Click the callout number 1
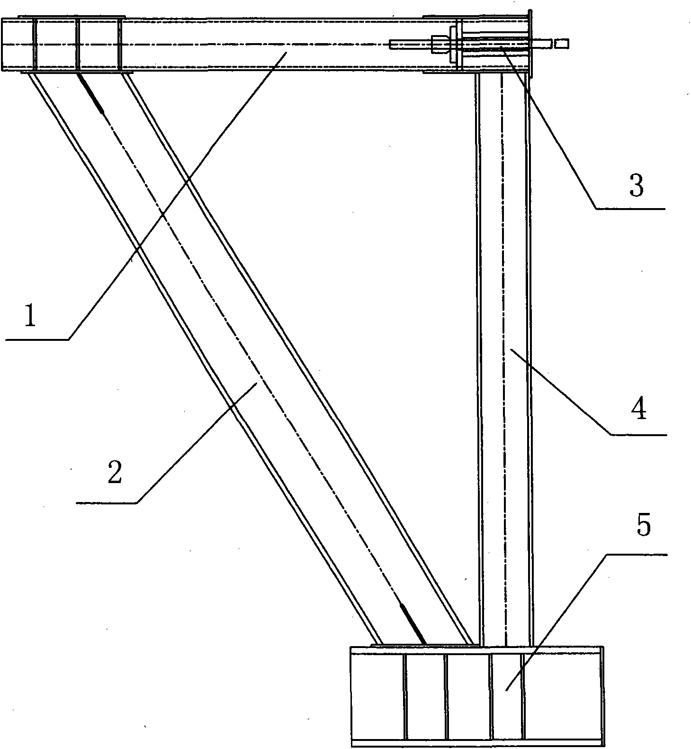(x=30, y=317)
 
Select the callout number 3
(x=637, y=186)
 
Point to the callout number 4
(x=639, y=409)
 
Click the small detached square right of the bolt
(x=561, y=44)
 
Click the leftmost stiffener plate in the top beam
(x=34, y=45)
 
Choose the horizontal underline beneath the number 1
(x=37, y=339)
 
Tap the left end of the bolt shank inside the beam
(x=391, y=45)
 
